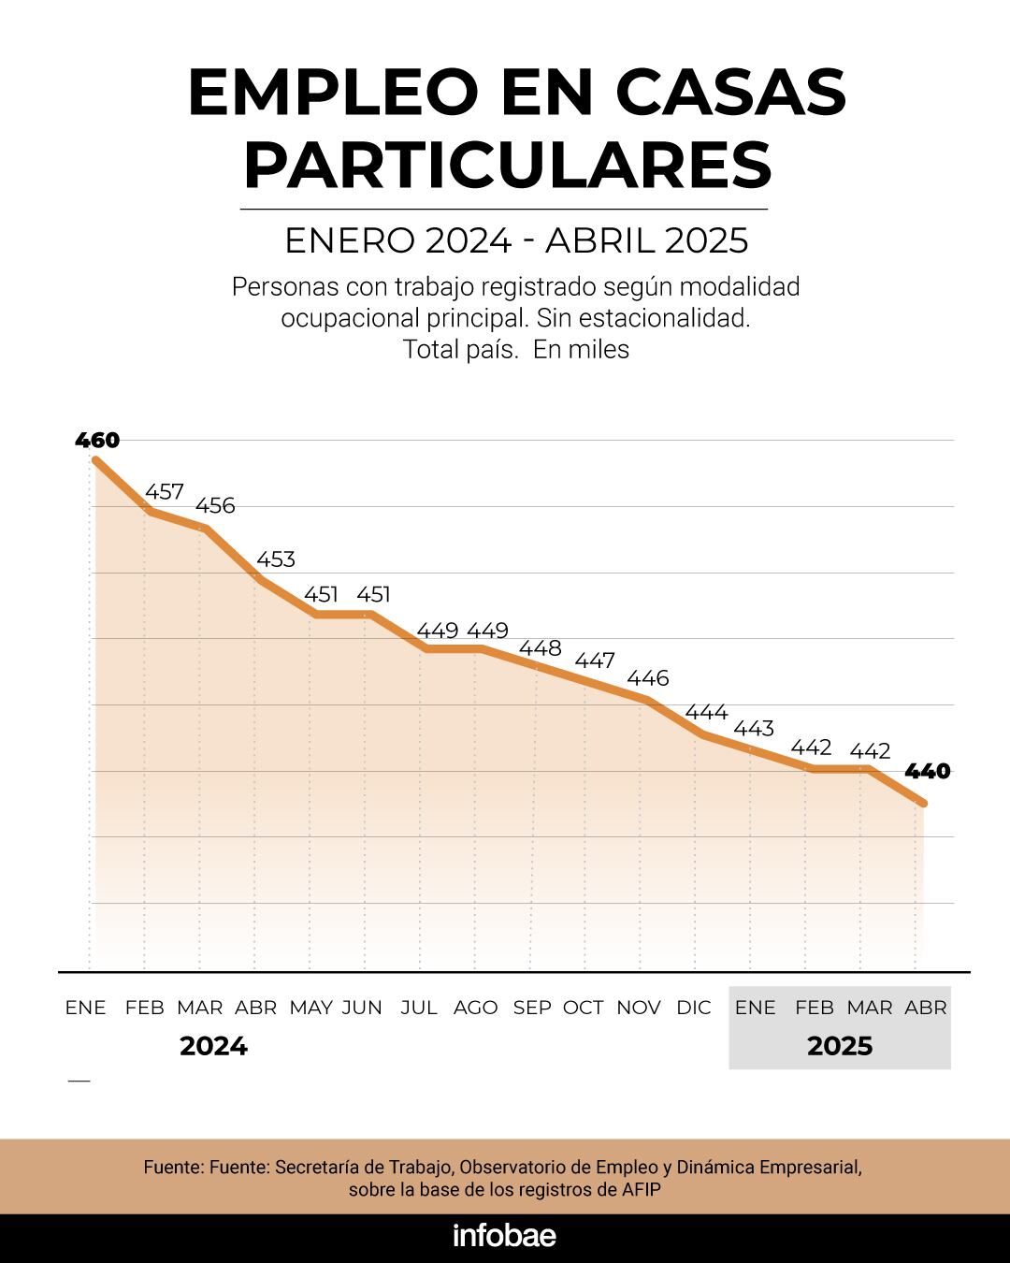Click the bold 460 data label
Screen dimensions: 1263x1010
tap(97, 440)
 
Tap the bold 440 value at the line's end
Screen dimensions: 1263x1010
tap(927, 771)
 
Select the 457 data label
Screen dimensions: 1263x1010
tap(164, 491)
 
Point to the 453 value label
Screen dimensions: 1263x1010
tap(275, 559)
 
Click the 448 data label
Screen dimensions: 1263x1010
tap(540, 647)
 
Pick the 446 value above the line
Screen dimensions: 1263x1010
tap(647, 677)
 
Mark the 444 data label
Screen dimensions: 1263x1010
tap(706, 712)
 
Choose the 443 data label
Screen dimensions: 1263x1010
tap(753, 728)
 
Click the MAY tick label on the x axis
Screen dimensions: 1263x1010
tap(310, 1008)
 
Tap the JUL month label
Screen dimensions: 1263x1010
tap(418, 1008)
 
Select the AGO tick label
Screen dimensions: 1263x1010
tap(475, 1008)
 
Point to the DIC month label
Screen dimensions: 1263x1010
tap(693, 1008)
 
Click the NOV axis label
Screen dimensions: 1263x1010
tap(638, 1008)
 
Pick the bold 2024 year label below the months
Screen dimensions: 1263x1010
tap(213, 1046)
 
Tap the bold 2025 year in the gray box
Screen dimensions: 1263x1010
tap(839, 1046)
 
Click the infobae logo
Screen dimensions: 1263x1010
tap(504, 1235)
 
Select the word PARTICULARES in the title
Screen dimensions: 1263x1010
tap(507, 165)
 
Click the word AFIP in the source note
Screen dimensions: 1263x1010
tap(642, 1190)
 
